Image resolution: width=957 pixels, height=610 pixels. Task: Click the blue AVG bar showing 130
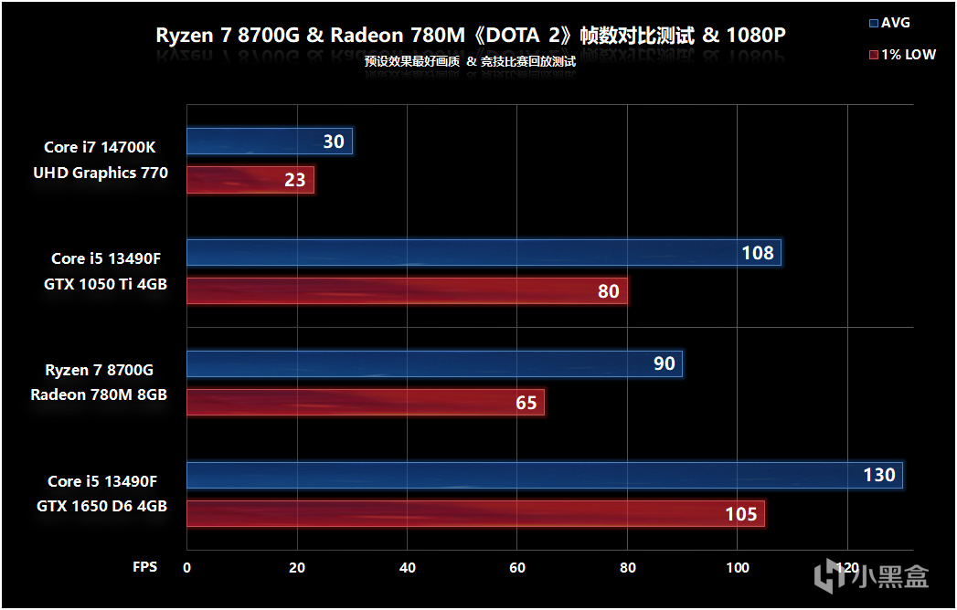tap(545, 475)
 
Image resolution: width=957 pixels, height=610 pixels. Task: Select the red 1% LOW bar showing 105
tap(475, 513)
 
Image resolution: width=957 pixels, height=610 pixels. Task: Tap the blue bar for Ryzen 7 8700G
tap(434, 363)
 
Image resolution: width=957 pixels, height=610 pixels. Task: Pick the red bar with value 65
tap(366, 402)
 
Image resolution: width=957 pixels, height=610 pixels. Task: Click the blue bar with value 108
tap(484, 253)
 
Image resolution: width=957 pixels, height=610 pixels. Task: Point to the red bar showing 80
tap(407, 291)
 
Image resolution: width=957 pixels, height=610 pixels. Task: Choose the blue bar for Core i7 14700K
tap(270, 142)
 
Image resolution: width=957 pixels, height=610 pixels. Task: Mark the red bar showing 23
tap(250, 179)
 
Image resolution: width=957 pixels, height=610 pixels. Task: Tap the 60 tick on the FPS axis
tap(517, 567)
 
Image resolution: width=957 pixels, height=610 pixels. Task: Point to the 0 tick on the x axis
tap(187, 567)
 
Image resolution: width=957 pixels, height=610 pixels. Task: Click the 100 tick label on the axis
tap(738, 567)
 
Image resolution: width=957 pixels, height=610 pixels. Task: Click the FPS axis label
tap(144, 567)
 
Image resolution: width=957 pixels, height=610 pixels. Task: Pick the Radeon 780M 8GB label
tap(99, 394)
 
